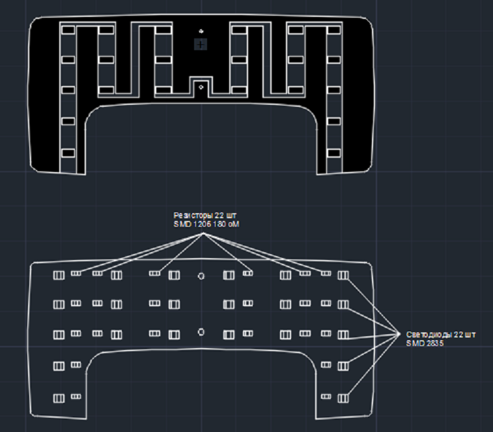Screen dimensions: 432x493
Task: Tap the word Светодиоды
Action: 429,334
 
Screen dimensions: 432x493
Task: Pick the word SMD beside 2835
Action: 416,343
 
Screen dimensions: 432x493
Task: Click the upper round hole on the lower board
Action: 201,276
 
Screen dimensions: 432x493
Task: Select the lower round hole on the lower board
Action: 201,332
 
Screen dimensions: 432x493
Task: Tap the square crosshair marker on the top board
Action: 201,44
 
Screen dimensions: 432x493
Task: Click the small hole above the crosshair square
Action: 201,31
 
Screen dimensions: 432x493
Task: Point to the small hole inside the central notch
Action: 201,86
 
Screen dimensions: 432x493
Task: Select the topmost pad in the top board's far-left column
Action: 68,29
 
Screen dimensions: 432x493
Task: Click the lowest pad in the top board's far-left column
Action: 68,152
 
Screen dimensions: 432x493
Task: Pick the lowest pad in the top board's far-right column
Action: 334,152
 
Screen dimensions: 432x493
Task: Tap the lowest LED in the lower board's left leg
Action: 59,397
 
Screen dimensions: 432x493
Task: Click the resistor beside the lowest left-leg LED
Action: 76,396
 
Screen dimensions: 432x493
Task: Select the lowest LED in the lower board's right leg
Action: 343,397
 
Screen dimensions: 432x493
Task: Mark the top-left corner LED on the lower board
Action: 59,276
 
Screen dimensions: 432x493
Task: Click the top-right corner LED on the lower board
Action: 343,276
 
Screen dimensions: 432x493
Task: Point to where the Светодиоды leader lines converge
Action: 399,334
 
